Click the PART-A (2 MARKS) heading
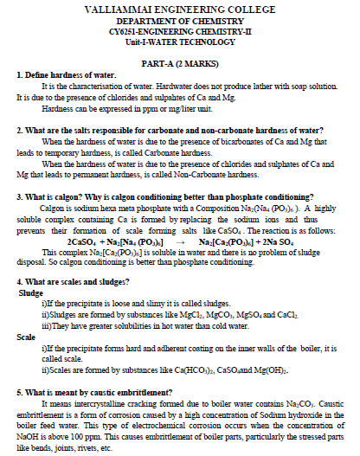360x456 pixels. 179,64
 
